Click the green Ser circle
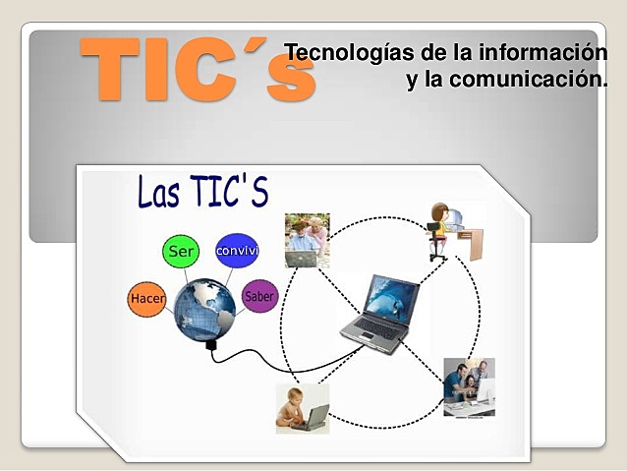pos(180,252)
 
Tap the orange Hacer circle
pos(147,298)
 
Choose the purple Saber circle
pos(259,296)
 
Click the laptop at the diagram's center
pos(380,313)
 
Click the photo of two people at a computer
pos(469,385)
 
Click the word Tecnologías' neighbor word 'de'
pos(409,50)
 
